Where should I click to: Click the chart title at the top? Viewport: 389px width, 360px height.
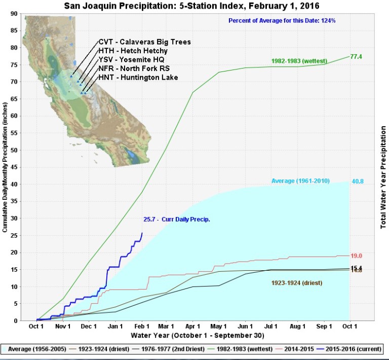click(194, 6)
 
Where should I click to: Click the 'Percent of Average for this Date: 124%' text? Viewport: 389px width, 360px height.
click(282, 21)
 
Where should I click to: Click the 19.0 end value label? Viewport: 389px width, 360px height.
click(356, 256)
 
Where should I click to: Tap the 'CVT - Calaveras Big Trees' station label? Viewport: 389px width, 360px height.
click(144, 42)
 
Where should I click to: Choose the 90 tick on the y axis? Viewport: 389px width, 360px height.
click(14, 14)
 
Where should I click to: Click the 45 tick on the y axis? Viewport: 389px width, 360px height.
click(14, 167)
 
